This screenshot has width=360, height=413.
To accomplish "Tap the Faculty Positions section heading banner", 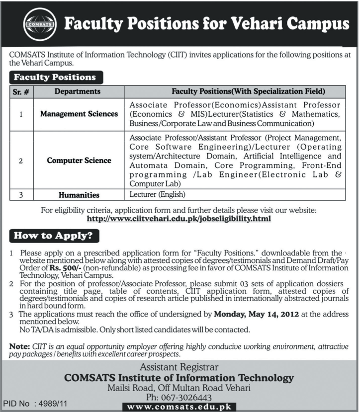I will pos(55,78).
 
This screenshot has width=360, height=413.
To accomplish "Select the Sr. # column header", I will pos(22,92).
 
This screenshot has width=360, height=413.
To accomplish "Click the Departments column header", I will pos(77,92).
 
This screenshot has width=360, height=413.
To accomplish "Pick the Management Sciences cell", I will pos(79,114).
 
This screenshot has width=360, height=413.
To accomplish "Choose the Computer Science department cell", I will pos(79,161).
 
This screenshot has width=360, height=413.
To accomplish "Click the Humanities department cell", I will pos(79,195).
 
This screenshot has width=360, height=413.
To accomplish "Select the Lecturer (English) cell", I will pos(157,195).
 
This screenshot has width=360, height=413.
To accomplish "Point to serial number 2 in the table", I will pos(21,161).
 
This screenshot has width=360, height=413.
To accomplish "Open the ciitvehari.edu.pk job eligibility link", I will pos(179,219).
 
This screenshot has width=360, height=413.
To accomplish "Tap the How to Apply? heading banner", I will pos(54,236).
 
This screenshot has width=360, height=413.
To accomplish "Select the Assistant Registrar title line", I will pos(180,368).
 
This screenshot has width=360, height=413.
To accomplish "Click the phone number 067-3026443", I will pos(180,398).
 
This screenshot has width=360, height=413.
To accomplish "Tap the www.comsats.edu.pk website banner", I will pos(180,407).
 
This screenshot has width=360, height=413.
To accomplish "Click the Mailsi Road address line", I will pos(180,388).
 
